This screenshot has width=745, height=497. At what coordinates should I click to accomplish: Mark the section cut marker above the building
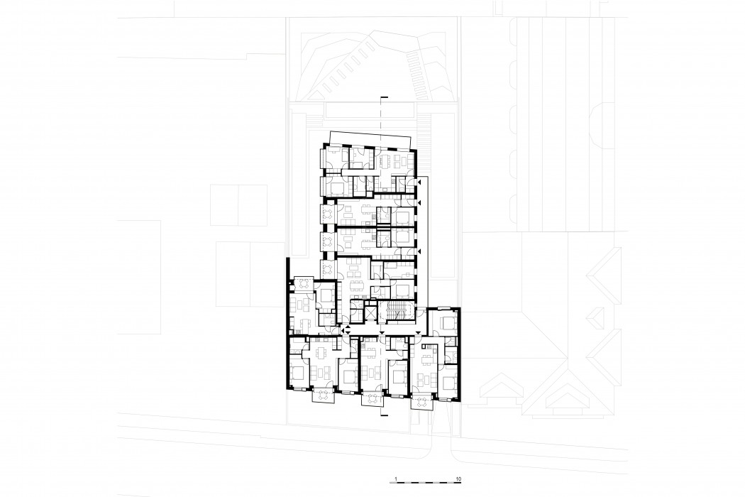[382, 97]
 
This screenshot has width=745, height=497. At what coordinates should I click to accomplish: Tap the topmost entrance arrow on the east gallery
[419, 183]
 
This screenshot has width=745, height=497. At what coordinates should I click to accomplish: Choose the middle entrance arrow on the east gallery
[419, 204]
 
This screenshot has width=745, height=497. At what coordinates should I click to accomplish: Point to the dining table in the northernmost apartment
[385, 162]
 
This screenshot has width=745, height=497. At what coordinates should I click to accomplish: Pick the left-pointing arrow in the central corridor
[342, 331]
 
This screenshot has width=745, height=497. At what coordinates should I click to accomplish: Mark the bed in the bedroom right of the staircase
[448, 323]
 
